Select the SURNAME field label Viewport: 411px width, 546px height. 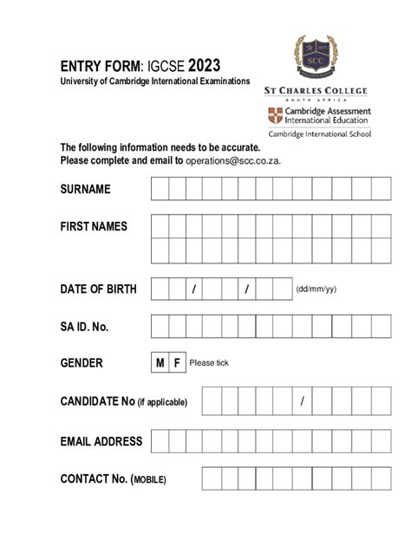85,189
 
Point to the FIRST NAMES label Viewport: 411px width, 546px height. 94,226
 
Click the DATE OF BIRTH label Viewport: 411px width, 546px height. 98,289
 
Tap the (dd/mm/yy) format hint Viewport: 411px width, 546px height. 316,289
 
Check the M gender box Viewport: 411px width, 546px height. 160,363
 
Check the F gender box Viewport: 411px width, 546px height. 177,363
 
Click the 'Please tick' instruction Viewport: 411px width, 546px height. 208,364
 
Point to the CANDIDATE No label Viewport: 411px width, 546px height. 129,401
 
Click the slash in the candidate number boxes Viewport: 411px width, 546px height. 302,401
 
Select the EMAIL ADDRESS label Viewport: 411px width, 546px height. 101,441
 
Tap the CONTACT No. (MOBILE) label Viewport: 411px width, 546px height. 113,479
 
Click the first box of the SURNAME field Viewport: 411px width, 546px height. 160,189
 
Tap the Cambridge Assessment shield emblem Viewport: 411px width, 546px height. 276,116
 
